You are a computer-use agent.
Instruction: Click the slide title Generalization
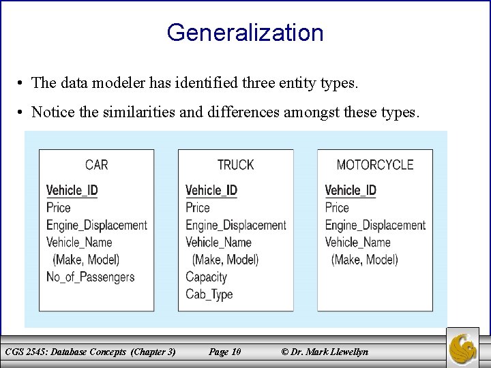[245, 32]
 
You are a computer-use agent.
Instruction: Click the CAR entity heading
[97, 164]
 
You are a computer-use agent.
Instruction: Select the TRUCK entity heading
[235, 164]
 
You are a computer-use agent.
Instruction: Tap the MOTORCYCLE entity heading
[375, 164]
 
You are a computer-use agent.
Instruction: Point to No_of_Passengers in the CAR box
[91, 277]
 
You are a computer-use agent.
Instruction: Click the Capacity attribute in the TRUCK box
[206, 277]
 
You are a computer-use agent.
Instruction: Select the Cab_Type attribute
[209, 294]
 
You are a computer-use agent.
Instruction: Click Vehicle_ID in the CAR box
[72, 190]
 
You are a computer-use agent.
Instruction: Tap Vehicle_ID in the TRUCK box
[211, 190]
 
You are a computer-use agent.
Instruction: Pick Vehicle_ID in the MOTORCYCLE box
[351, 190]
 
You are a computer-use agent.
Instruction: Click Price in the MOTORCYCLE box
[337, 207]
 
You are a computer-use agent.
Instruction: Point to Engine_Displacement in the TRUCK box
[236, 225]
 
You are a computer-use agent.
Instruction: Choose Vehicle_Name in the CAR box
[79, 242]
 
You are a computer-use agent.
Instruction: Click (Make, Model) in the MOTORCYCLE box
[364, 260]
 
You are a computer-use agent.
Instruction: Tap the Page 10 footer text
[224, 352]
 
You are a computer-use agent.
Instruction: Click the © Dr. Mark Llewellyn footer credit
[325, 352]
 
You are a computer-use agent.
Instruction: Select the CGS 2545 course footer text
[90, 352]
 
